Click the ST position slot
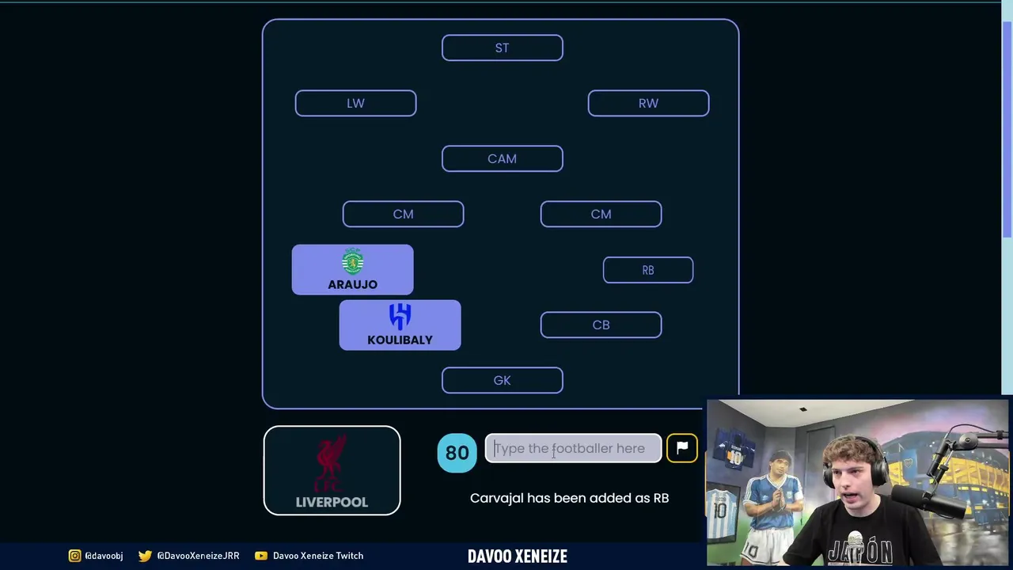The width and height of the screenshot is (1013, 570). [502, 48]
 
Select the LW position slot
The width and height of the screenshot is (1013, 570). [355, 104]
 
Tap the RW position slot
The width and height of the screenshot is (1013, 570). [648, 104]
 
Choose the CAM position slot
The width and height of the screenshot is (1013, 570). [502, 159]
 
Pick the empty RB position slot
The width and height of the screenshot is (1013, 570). [647, 270]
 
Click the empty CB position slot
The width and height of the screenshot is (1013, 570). [601, 325]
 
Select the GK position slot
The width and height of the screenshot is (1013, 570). [502, 381]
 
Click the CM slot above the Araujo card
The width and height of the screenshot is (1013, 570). [403, 215]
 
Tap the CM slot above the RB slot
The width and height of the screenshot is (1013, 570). [601, 215]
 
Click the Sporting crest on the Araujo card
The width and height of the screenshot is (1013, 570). [353, 262]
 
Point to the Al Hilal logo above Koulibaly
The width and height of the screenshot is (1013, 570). [400, 317]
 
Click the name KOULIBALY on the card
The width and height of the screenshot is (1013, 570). [400, 340]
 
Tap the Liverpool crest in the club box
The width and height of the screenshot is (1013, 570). [332, 464]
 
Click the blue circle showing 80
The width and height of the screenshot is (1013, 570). [457, 453]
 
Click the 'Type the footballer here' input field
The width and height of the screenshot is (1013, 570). [573, 449]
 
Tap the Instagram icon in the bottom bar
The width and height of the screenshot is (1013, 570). [74, 556]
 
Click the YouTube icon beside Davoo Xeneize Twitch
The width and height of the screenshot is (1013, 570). [260, 556]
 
